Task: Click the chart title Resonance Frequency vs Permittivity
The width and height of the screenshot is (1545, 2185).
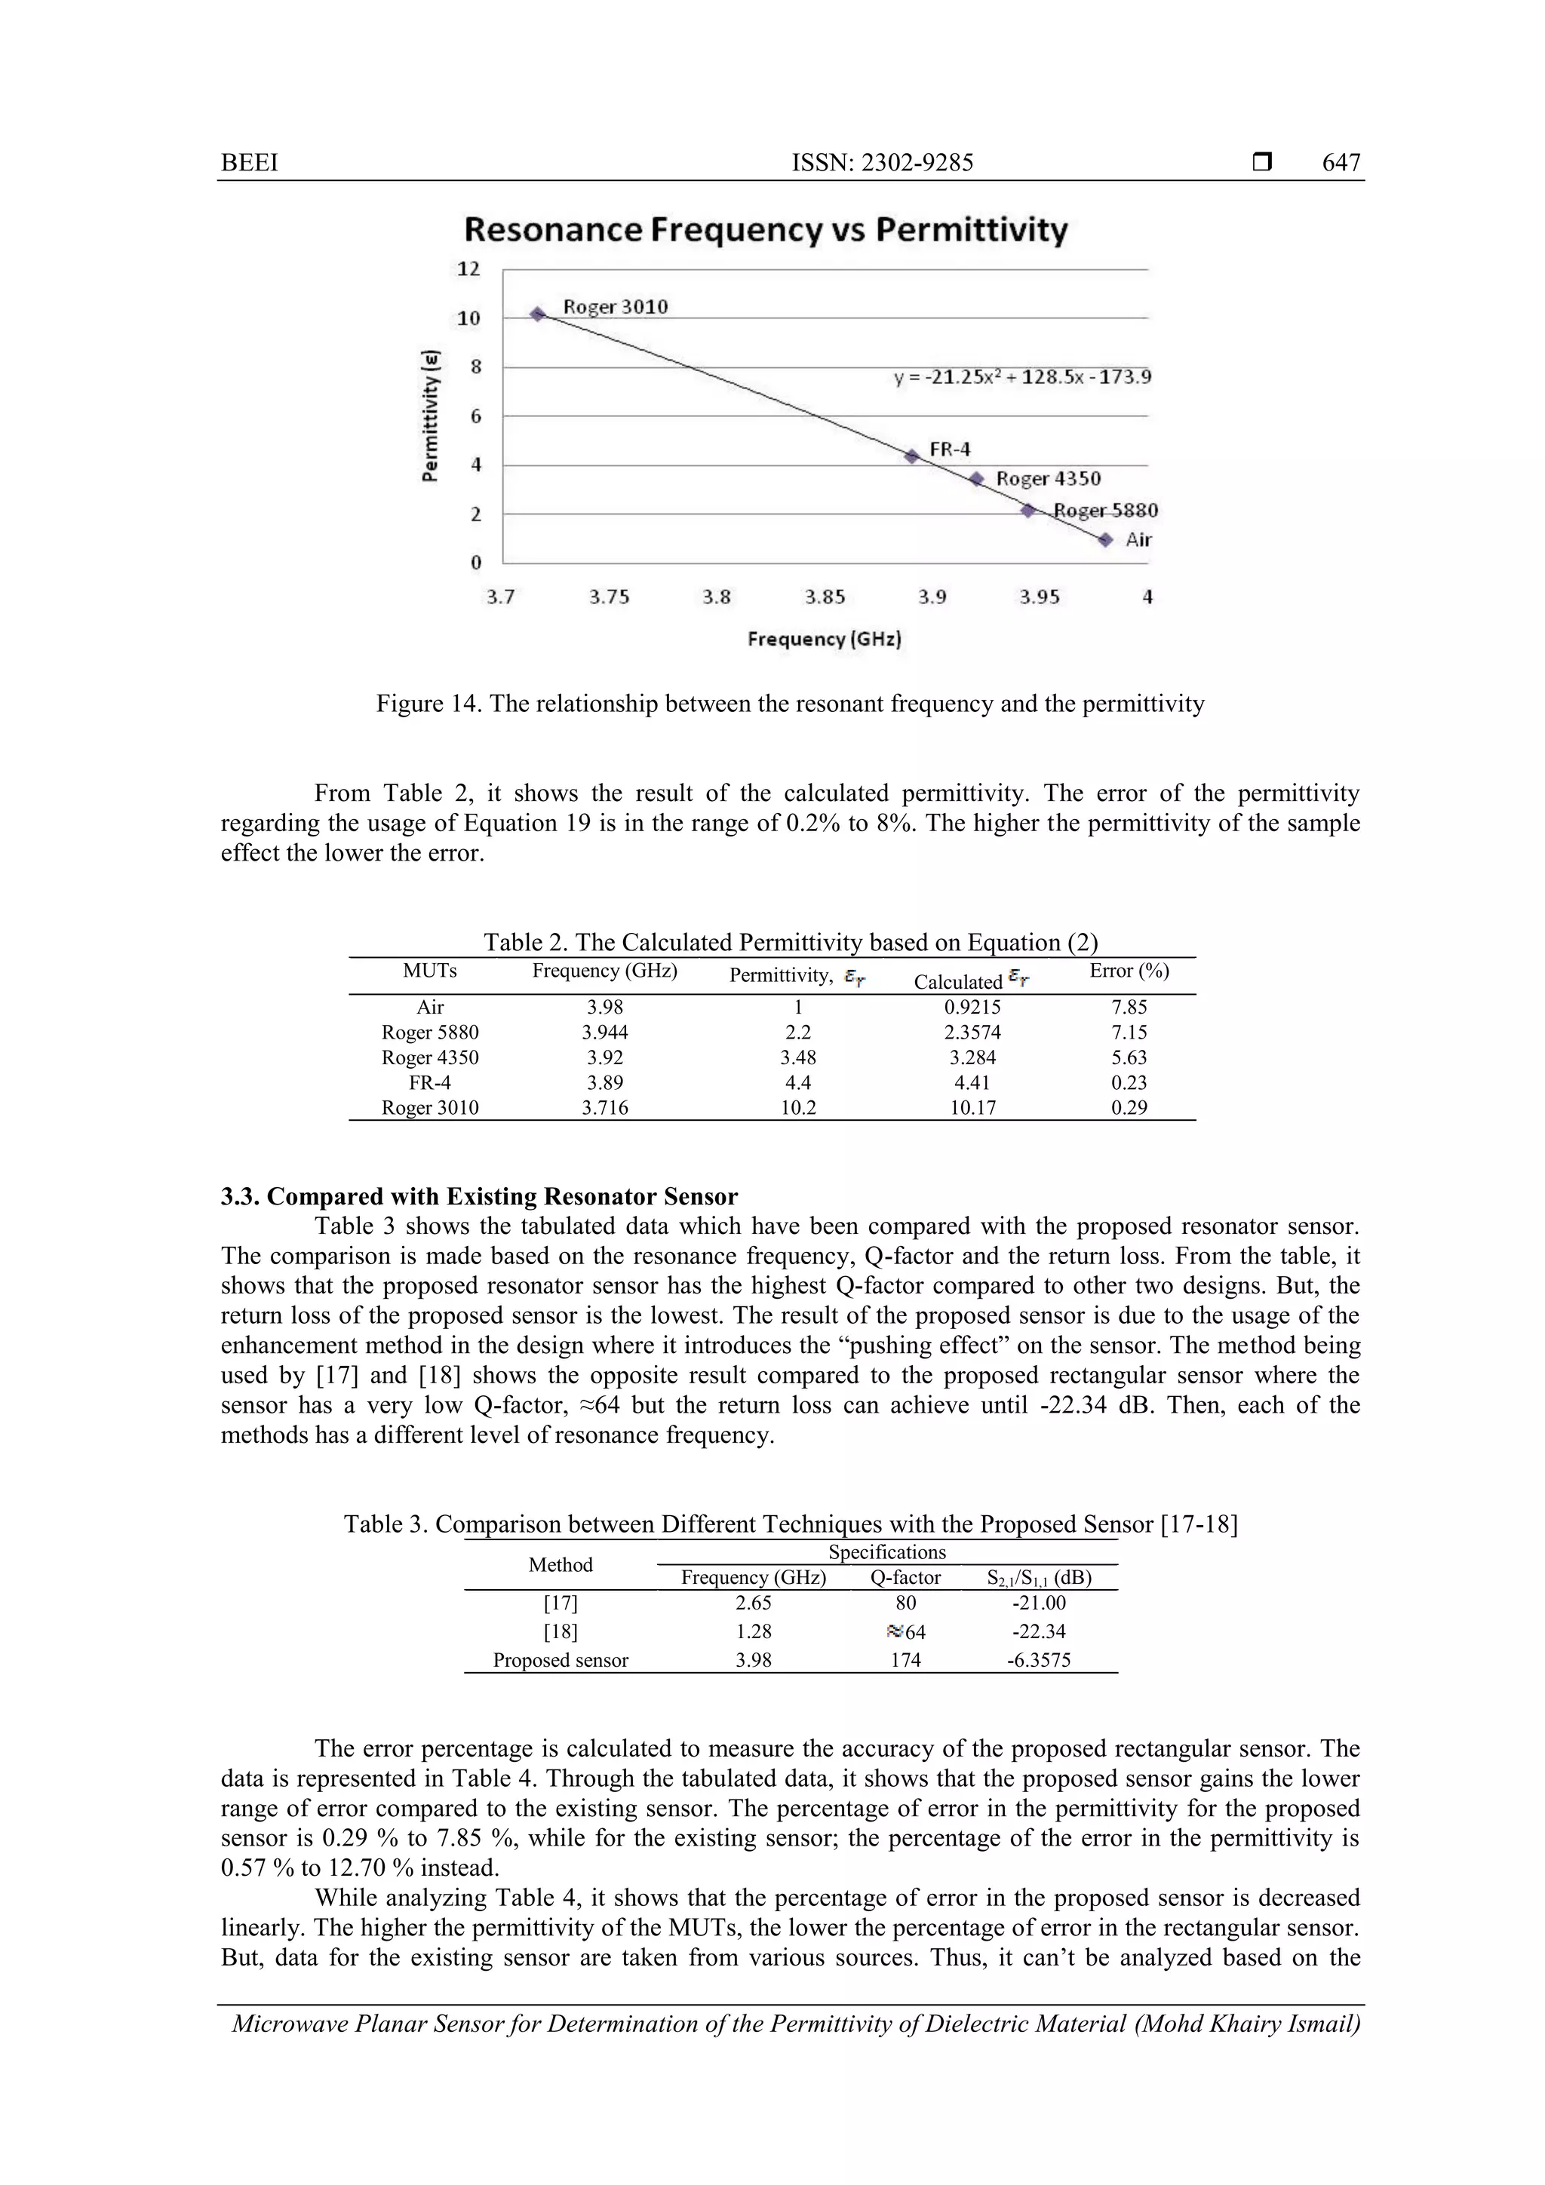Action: [766, 230]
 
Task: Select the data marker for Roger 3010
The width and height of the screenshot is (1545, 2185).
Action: [537, 314]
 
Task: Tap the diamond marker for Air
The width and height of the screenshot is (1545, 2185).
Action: [1104, 539]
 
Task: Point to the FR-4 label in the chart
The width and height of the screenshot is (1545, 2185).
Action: [949, 450]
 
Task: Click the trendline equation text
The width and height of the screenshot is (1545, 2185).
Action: [1021, 377]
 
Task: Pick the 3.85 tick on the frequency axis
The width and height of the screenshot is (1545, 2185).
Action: [825, 597]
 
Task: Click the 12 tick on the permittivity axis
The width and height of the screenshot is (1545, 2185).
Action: [468, 269]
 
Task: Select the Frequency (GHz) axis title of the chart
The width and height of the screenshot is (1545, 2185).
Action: [825, 639]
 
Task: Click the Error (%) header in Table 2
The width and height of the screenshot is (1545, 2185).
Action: [1129, 971]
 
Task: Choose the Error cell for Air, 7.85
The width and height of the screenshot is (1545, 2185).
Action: [1129, 1007]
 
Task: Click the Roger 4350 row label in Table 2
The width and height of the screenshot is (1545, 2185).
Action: [430, 1057]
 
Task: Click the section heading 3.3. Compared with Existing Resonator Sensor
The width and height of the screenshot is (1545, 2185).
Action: [479, 1196]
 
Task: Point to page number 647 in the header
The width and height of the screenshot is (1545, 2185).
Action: [1341, 163]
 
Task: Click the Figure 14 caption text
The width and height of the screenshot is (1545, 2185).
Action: [790, 704]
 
